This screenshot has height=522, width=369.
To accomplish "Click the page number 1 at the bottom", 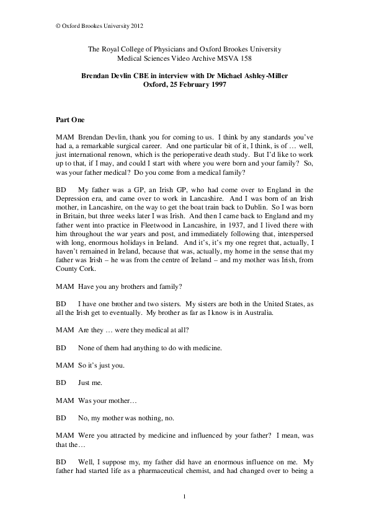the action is coord(185,497).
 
